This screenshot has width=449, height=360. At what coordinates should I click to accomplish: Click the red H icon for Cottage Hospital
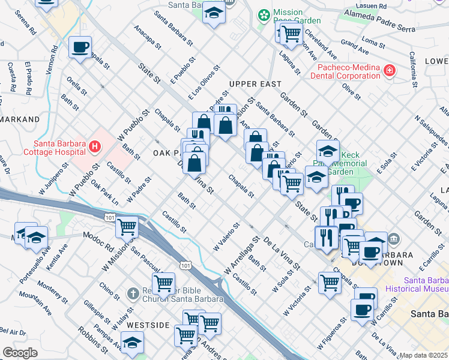[x=94, y=146]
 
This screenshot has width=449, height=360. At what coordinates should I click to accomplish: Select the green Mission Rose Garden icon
[x=264, y=14]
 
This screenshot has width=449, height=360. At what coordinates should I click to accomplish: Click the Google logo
[x=20, y=353]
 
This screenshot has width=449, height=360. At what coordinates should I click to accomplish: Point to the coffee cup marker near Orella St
[x=80, y=47]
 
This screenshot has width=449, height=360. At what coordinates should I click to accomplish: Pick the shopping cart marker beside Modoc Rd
[x=127, y=227]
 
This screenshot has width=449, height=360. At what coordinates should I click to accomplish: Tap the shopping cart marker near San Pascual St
[x=163, y=283]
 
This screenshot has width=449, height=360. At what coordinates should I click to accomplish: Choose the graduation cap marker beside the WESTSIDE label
[x=132, y=343]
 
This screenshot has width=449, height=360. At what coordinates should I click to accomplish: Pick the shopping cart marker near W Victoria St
[x=330, y=282]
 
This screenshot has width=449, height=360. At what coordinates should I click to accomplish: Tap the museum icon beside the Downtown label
[x=394, y=240]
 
